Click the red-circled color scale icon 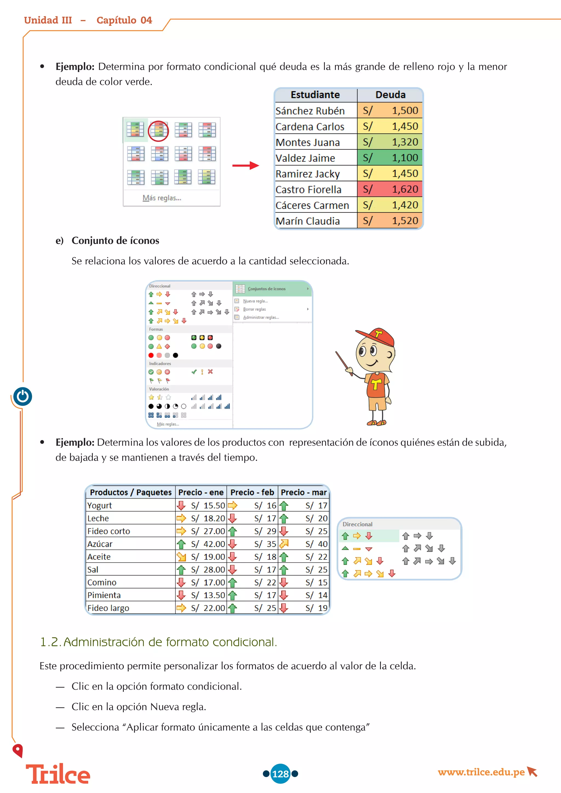click(159, 131)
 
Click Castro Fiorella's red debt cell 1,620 click(390, 189)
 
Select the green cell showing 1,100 click(390, 158)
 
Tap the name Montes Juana click(307, 142)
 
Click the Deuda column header click(390, 95)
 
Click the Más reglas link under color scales click(162, 198)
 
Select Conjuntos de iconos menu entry click(266, 289)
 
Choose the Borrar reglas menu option click(254, 309)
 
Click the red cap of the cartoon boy click(378, 336)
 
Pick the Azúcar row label click(100, 544)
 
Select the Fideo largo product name click(108, 608)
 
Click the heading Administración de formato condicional click(159, 642)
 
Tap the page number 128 click(280, 774)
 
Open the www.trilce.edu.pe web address click(481, 772)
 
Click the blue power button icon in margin click(23, 396)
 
